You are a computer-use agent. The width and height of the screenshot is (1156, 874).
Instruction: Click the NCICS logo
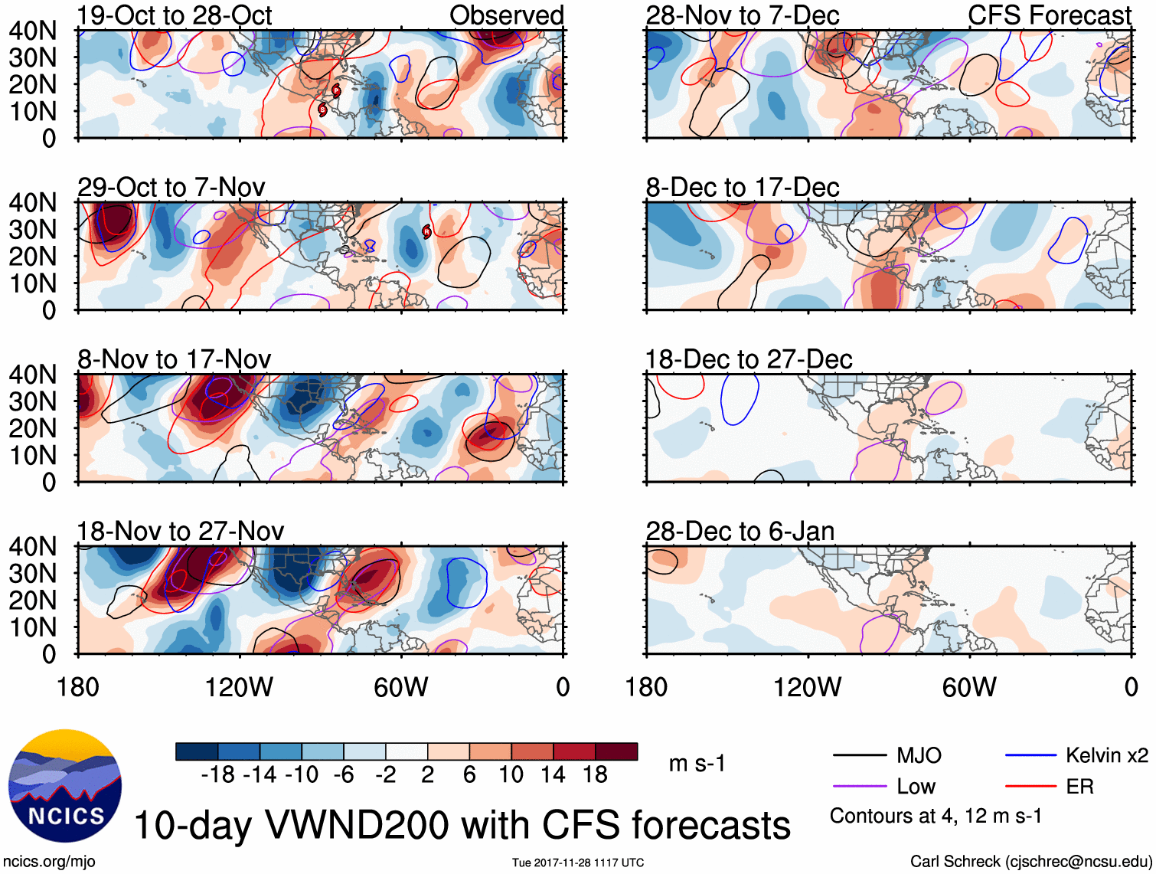(x=65, y=786)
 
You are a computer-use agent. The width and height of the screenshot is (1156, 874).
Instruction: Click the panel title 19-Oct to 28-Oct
(x=175, y=15)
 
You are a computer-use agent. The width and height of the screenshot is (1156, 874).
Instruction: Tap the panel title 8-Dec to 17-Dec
(x=743, y=187)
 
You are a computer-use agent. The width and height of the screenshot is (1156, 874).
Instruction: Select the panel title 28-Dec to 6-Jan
(x=740, y=531)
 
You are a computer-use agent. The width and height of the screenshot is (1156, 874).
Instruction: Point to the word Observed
(x=506, y=15)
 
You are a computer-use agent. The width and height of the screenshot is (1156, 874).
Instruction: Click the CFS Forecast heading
(x=1049, y=15)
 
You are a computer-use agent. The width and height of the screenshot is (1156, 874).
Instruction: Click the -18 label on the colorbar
(x=218, y=774)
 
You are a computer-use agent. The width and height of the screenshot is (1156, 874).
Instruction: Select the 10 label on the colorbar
(x=511, y=774)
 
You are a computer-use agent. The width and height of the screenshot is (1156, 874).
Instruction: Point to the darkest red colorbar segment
(x=616, y=751)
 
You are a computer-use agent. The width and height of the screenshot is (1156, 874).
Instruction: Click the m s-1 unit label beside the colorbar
(x=697, y=763)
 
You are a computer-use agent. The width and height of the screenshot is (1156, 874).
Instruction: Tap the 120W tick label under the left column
(x=239, y=687)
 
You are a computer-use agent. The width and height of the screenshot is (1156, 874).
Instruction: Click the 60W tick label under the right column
(x=969, y=687)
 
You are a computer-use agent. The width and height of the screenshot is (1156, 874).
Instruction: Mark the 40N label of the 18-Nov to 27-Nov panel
(x=33, y=546)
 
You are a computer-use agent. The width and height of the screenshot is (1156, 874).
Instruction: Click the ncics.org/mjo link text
(x=49, y=861)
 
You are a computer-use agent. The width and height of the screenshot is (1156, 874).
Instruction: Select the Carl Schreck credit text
(x=1030, y=861)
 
